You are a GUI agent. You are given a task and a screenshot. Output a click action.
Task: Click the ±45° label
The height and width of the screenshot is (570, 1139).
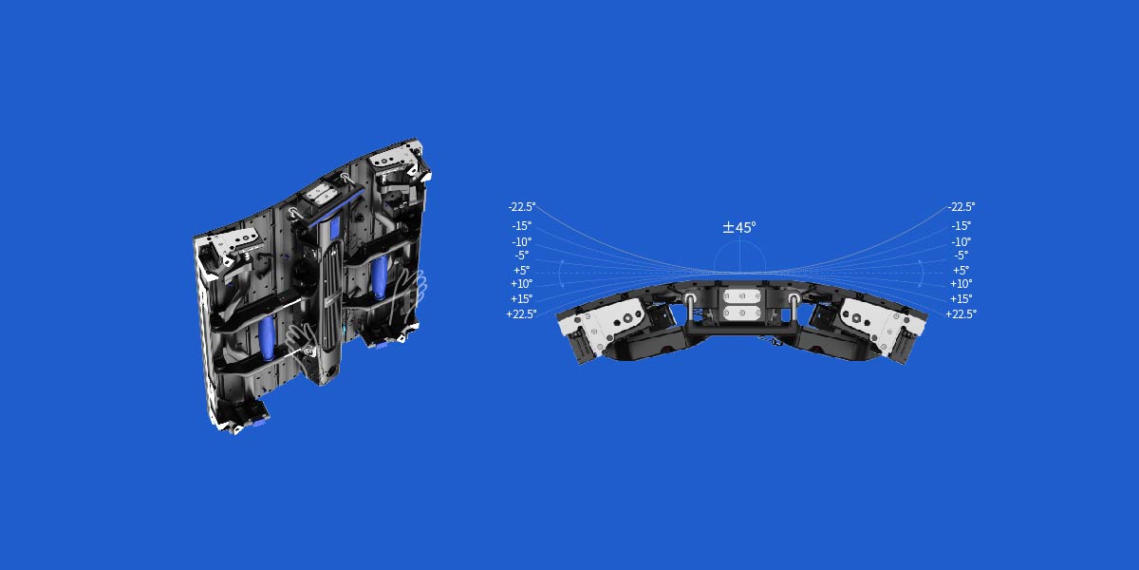[739, 228]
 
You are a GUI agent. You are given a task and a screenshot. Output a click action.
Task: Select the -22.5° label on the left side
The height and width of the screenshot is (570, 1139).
[521, 206]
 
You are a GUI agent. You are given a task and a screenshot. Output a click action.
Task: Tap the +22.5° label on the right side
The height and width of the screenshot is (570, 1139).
[961, 313]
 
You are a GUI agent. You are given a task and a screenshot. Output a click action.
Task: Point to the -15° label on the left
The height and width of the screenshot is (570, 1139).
[521, 226]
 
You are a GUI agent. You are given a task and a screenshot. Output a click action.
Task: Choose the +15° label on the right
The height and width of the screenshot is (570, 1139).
[961, 298]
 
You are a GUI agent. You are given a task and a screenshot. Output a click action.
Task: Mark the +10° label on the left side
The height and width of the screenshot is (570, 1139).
[521, 284]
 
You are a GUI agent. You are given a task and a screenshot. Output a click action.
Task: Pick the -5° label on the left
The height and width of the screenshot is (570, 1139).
[521, 256]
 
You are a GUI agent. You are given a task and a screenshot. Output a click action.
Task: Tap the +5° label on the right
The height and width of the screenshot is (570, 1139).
[961, 270]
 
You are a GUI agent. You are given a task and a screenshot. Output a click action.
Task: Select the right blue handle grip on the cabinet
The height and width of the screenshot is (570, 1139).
[380, 275]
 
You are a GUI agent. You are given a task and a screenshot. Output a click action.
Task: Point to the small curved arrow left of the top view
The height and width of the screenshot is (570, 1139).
[560, 275]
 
